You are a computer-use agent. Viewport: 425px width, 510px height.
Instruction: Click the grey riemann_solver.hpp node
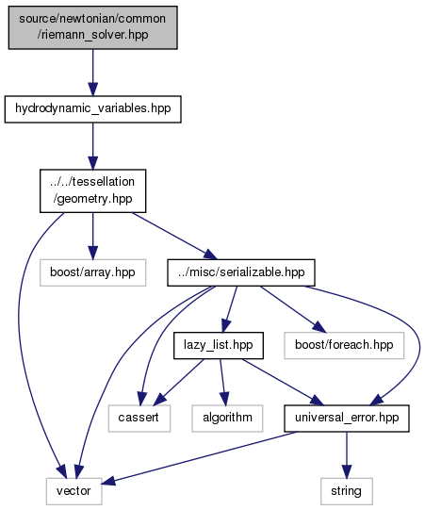tap(92, 27)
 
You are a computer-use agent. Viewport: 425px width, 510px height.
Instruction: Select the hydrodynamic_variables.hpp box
tap(92, 109)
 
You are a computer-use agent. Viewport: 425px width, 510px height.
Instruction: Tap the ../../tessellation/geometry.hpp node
tap(92, 190)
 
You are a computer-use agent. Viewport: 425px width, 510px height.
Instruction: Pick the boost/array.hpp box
tap(92, 272)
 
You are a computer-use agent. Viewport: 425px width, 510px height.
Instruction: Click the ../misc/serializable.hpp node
tap(241, 272)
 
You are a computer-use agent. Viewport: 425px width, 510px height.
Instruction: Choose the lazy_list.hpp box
tap(219, 345)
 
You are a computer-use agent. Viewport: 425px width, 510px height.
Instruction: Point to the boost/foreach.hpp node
tap(344, 345)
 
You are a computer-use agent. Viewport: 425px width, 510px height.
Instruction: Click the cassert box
tap(139, 419)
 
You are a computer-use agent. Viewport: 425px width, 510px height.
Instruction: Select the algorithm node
tap(227, 419)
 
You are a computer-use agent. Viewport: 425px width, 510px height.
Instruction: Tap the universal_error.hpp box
tap(347, 419)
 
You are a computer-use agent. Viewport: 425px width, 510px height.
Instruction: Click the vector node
tap(74, 491)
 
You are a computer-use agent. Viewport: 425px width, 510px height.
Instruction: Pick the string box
tap(347, 491)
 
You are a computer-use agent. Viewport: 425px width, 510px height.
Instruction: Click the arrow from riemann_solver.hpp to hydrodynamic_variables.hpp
tap(92, 73)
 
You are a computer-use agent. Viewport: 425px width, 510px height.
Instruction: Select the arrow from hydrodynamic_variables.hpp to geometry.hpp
tap(92, 146)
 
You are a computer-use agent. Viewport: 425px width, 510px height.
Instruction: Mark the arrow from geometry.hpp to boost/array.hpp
tap(92, 236)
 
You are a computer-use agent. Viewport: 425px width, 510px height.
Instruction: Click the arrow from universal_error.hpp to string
tap(347, 455)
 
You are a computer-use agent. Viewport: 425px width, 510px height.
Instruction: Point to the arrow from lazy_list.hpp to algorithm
tap(222, 382)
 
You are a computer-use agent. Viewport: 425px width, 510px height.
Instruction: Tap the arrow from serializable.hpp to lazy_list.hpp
tap(230, 309)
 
